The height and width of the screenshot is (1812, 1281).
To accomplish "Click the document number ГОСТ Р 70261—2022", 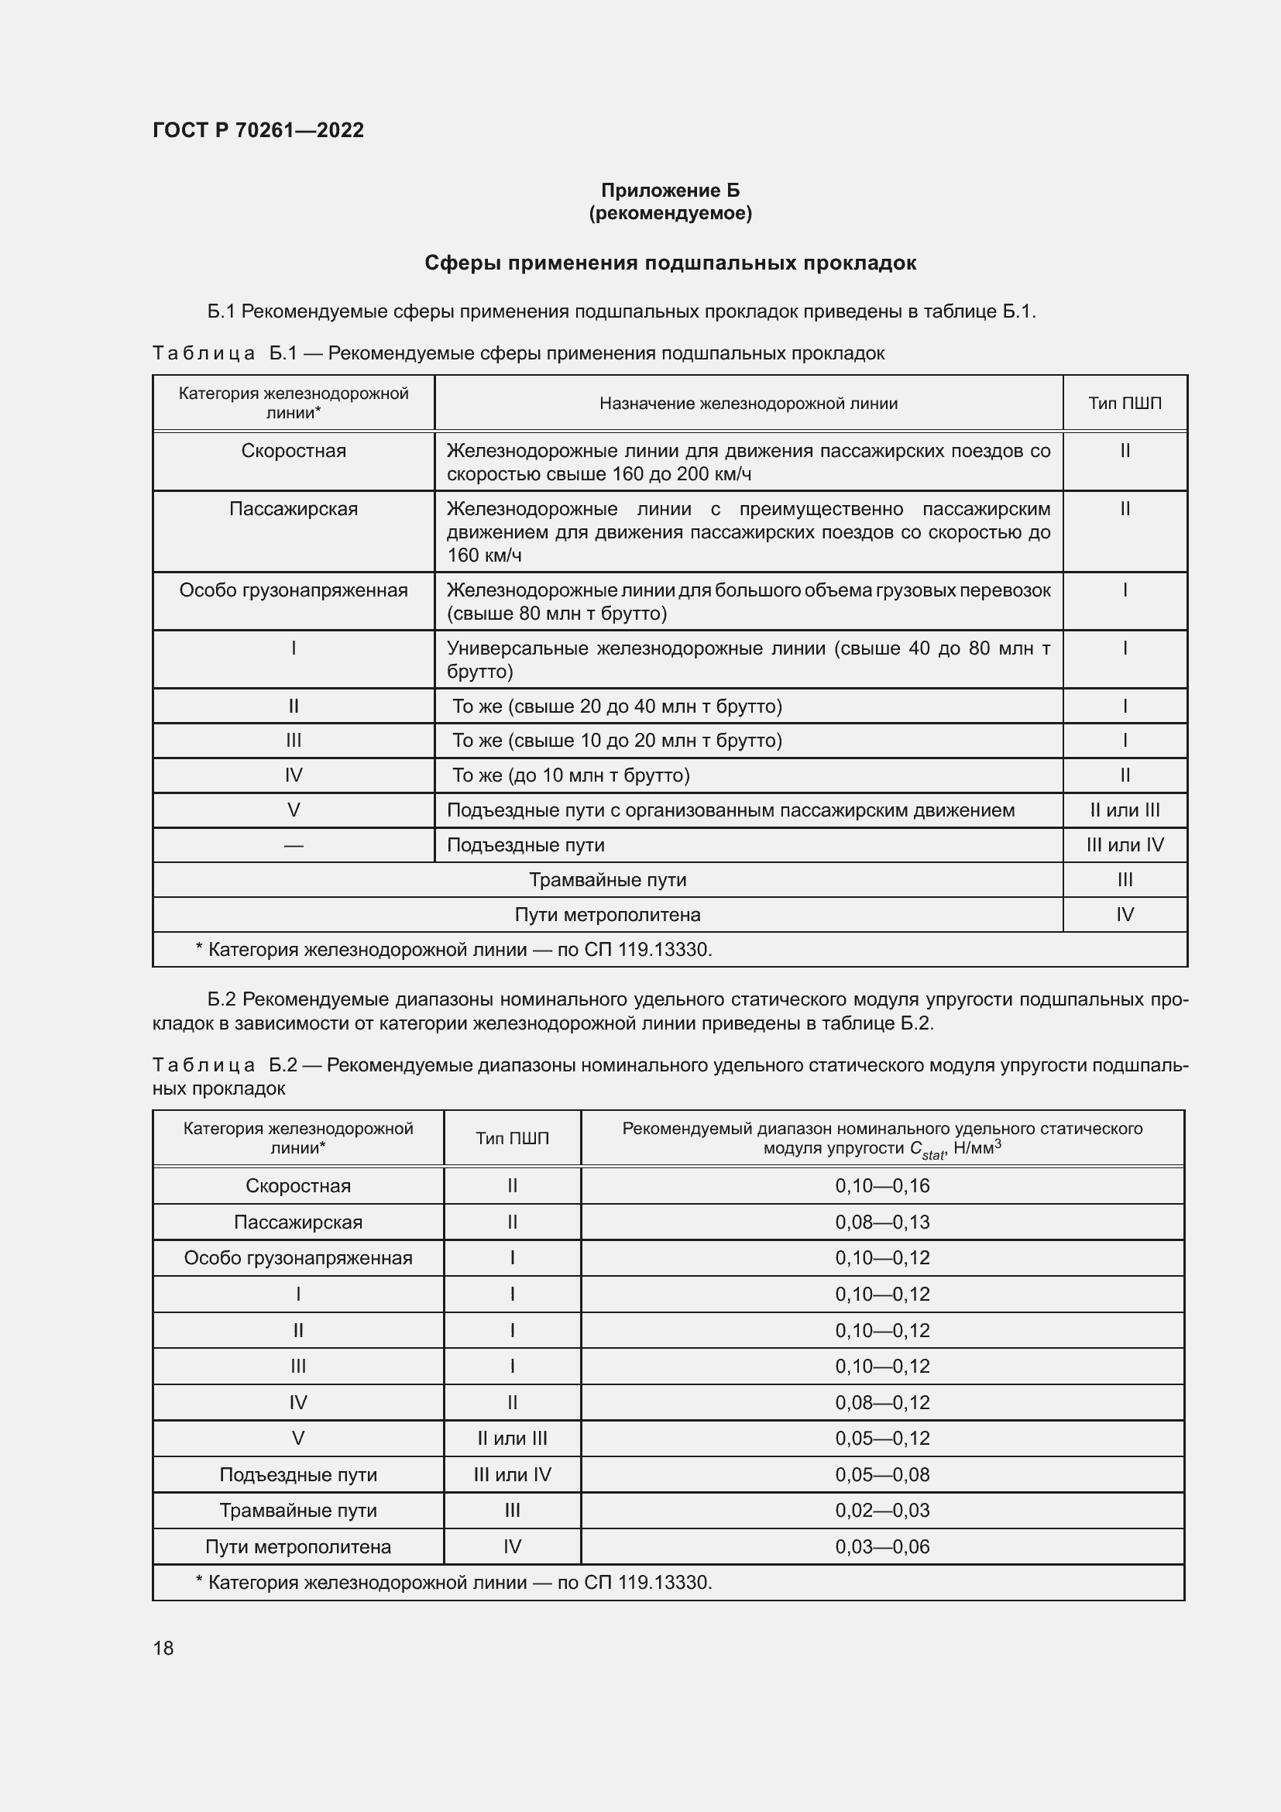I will pos(258,130).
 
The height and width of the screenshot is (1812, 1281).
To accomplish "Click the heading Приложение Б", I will pos(670,191).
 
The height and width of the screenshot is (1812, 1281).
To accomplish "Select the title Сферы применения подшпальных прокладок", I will pos(670,263).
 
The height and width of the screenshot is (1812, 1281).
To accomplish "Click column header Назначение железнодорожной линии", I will pos(748,404).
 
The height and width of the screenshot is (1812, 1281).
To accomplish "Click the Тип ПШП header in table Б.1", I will pos(1124,404).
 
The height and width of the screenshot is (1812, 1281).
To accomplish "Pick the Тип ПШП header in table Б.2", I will pos(512,1138).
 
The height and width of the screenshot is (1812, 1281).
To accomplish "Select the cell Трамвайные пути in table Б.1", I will pos(607,880).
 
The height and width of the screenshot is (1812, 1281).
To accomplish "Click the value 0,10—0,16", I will pos(882,1185).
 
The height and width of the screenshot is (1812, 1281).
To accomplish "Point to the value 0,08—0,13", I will pos(882,1222).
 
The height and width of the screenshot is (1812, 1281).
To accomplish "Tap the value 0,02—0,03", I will pos(882,1511).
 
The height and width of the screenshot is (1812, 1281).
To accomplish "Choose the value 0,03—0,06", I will pos(882,1547).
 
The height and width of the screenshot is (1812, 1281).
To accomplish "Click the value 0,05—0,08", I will pos(882,1474).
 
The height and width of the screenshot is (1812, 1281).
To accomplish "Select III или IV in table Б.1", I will pos(1124,845).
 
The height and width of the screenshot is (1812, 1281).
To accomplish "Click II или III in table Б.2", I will pos(512,1438).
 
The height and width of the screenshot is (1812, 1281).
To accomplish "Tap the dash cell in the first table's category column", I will pos(294,845).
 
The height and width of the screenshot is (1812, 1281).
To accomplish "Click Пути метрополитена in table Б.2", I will pos(298,1547).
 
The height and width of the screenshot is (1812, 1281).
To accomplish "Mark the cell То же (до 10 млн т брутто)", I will pos(570,775).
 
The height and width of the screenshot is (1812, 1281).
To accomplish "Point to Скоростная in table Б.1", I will pos(294,451).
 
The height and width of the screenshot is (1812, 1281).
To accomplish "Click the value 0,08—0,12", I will pos(882,1402).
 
